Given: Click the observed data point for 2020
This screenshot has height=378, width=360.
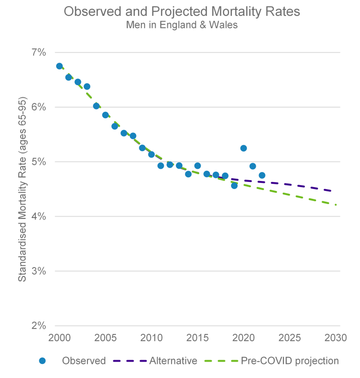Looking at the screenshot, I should coord(244,148).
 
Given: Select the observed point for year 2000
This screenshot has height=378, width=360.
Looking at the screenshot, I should coord(59,66).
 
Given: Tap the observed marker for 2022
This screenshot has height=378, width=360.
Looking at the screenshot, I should coord(262,175).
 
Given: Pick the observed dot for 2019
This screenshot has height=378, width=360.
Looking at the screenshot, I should coord(234,186).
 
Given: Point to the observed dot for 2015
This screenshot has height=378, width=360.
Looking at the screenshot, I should coord(197,166).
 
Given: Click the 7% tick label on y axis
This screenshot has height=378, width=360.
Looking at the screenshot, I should coord(38,52).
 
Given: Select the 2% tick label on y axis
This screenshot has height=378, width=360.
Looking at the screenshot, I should coord(38,326).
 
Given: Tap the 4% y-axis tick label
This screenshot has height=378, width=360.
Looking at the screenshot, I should coord(38,216).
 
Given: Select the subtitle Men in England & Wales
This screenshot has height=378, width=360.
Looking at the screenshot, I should coord(182,25).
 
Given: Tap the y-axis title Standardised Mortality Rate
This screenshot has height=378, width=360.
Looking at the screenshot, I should coord(22,189).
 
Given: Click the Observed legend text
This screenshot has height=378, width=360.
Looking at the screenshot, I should coord(84,361).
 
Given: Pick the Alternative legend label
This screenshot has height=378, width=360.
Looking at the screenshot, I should coord(173,361).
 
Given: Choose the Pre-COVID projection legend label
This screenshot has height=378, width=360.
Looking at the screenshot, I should coord(290,361).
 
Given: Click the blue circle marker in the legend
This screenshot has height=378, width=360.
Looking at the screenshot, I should coord(43,361).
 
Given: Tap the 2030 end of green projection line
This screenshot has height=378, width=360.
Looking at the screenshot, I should coord(335,204).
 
